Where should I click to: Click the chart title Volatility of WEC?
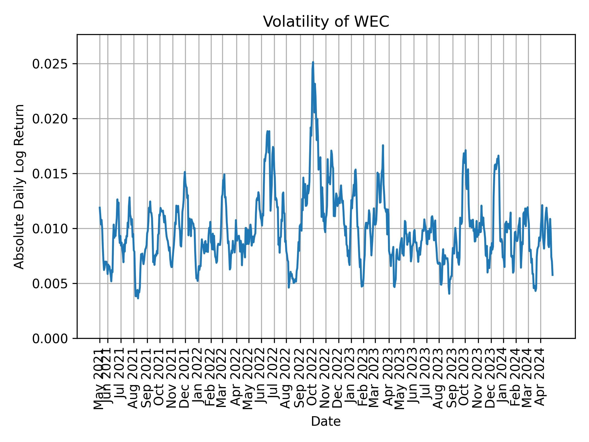(326, 22)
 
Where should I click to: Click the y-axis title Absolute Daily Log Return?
(20, 186)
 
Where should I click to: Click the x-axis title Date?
(326, 421)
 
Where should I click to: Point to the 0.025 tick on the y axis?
(50, 64)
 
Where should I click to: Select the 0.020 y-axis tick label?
(50, 119)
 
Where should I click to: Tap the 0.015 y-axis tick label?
(50, 174)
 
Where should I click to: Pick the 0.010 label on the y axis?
(50, 229)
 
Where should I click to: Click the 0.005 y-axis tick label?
(50, 284)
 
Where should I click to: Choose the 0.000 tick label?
(50, 338)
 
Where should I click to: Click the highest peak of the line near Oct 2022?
(313, 62)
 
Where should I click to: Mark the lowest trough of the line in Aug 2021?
(138, 298)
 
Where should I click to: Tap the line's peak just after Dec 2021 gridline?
(185, 172)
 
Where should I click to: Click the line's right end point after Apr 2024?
(552, 275)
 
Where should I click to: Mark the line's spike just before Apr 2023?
(383, 145)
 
